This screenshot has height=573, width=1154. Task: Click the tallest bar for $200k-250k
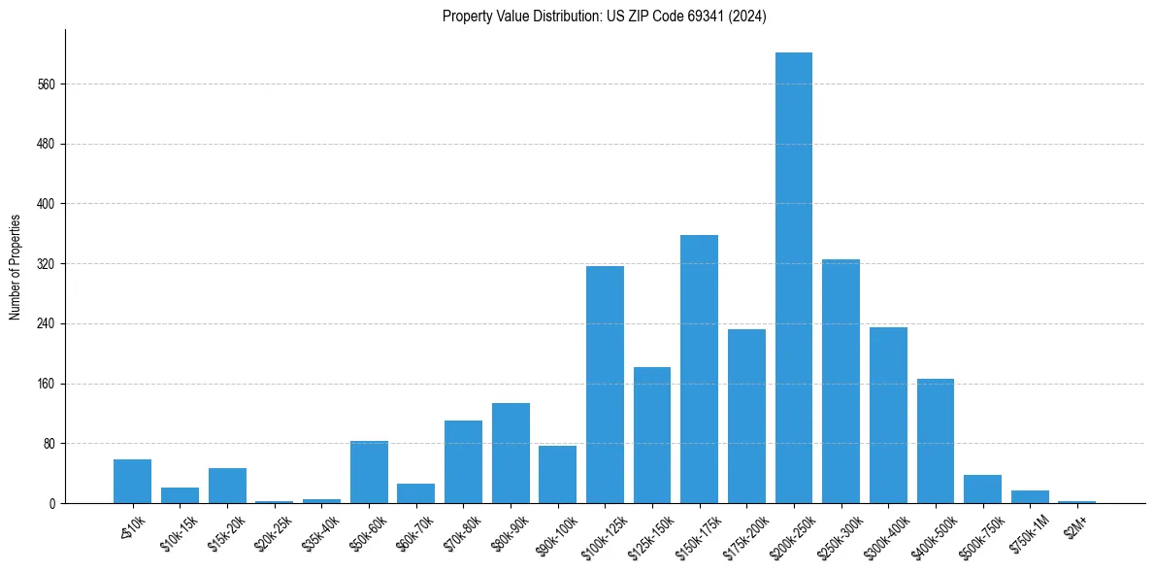[x=793, y=278]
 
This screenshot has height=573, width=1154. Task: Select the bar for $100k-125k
[x=605, y=385]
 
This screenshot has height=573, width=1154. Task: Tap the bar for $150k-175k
[x=699, y=369]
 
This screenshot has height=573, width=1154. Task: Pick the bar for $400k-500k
[x=936, y=441]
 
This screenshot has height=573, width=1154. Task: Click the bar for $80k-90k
[x=511, y=453]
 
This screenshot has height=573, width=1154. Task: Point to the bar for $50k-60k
[x=369, y=472]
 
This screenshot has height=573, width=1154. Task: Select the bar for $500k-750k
[x=982, y=489]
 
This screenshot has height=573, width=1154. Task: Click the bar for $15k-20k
[x=227, y=486]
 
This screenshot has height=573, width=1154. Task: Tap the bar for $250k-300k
[x=841, y=381]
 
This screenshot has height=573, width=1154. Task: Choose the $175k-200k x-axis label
[x=742, y=533]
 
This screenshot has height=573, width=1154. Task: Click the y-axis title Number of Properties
[x=15, y=267]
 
